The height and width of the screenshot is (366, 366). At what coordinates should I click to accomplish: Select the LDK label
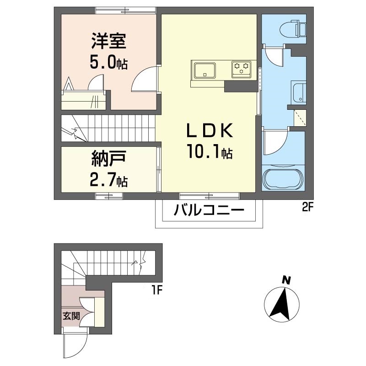210,131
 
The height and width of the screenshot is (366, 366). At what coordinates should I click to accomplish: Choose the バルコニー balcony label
209,212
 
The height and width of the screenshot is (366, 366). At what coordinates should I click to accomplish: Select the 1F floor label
158,290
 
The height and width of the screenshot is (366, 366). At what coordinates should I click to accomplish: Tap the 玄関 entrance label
70,315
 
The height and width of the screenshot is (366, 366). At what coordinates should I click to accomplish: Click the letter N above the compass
286,280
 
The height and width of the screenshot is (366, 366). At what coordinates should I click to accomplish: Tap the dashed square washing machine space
300,118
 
